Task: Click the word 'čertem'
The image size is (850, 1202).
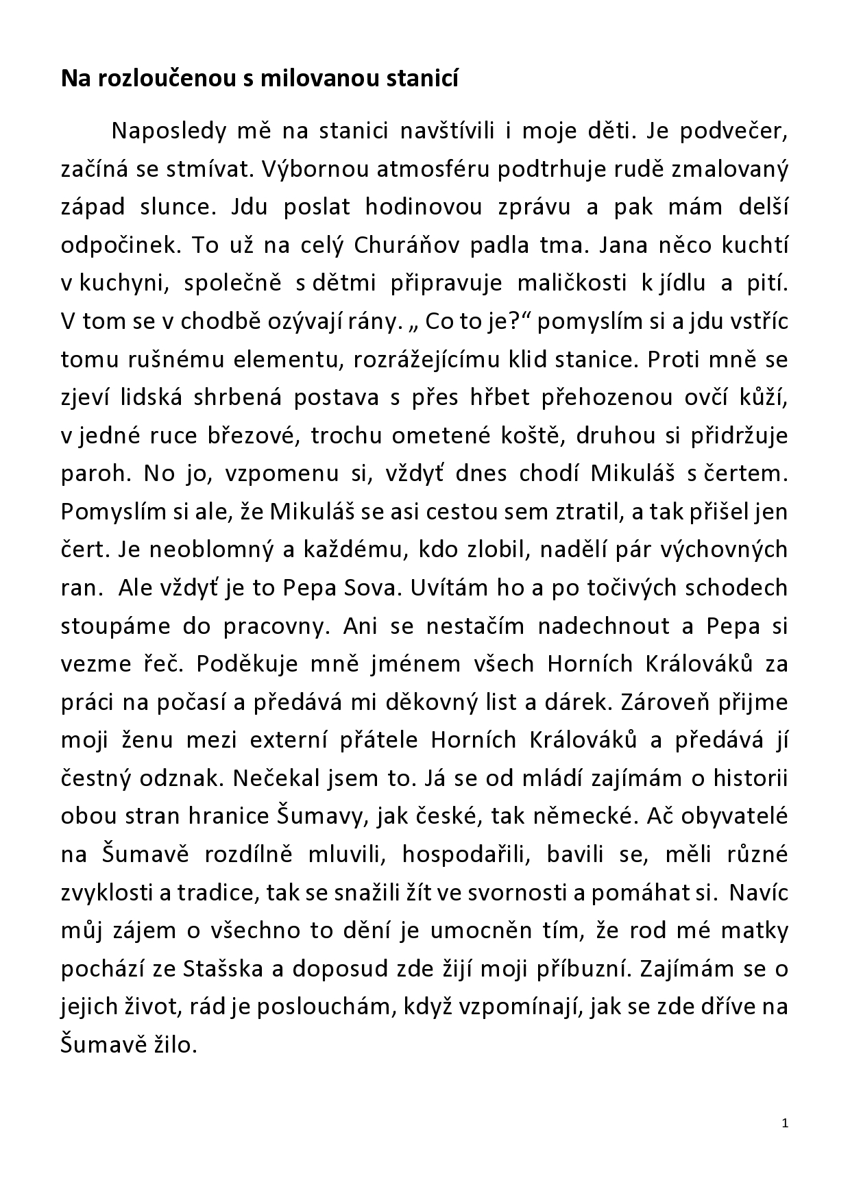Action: click(747, 474)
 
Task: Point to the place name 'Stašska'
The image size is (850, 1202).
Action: click(228, 969)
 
